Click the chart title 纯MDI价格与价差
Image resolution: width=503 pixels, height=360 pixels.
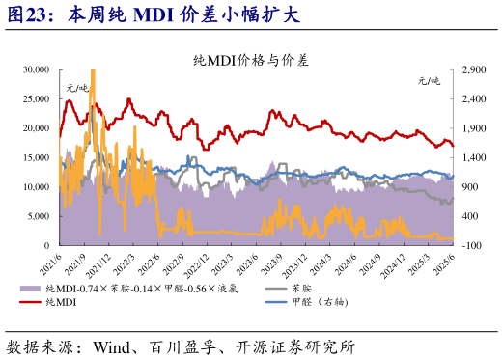click(x=251, y=59)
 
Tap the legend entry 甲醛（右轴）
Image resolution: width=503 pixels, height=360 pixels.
click(x=324, y=302)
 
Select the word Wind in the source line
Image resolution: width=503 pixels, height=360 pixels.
click(x=112, y=344)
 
